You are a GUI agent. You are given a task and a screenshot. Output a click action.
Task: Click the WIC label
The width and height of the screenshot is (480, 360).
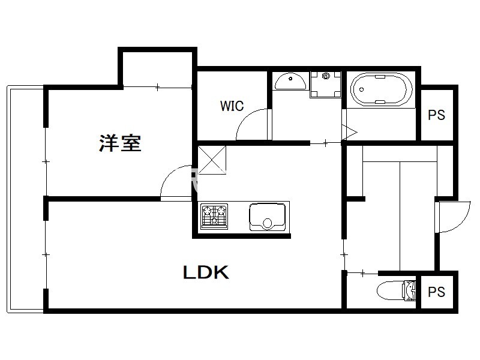(x=232, y=106)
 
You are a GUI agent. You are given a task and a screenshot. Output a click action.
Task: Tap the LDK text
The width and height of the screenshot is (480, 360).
(x=206, y=272)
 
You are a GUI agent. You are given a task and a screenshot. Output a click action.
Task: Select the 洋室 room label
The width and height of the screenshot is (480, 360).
(x=120, y=143)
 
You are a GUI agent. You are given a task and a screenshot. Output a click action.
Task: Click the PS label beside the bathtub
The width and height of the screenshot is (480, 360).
(x=436, y=115)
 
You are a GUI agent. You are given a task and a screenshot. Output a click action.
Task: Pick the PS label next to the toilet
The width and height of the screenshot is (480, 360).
(x=436, y=292)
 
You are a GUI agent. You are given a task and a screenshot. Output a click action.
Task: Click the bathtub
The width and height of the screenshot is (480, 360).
(x=381, y=89)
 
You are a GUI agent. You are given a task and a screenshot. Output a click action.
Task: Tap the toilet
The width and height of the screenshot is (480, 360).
(x=397, y=290)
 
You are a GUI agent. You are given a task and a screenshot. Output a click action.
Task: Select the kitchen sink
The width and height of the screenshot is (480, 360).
(x=267, y=217)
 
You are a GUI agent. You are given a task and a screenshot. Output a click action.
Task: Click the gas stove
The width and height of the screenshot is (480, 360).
(x=214, y=217)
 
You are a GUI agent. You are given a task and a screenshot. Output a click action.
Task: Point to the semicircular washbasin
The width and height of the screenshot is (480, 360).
(x=290, y=81)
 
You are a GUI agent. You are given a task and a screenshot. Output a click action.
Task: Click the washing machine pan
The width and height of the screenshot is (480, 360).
(x=325, y=85)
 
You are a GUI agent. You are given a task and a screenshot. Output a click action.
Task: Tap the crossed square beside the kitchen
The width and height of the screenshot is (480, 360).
(x=212, y=160)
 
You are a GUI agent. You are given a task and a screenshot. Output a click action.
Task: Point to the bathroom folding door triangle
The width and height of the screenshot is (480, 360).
(x=349, y=133)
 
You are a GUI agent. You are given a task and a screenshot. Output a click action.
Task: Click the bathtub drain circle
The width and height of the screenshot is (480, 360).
(x=362, y=89)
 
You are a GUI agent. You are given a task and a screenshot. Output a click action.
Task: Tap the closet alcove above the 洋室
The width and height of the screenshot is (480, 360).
(x=157, y=69)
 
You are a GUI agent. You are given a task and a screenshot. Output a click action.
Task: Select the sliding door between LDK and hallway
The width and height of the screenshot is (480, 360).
(x=344, y=254)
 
